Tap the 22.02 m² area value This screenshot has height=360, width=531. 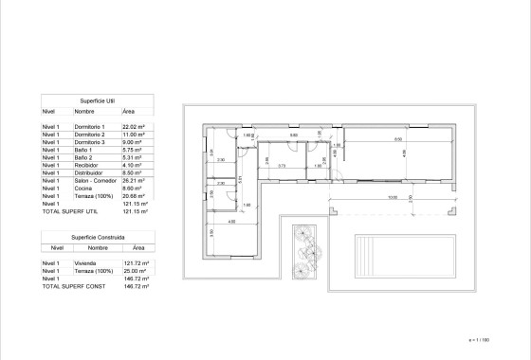tap(133, 126)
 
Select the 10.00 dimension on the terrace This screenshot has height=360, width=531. tap(392, 198)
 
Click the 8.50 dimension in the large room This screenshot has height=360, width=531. tap(397, 138)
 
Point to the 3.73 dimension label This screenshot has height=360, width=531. tap(282, 166)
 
